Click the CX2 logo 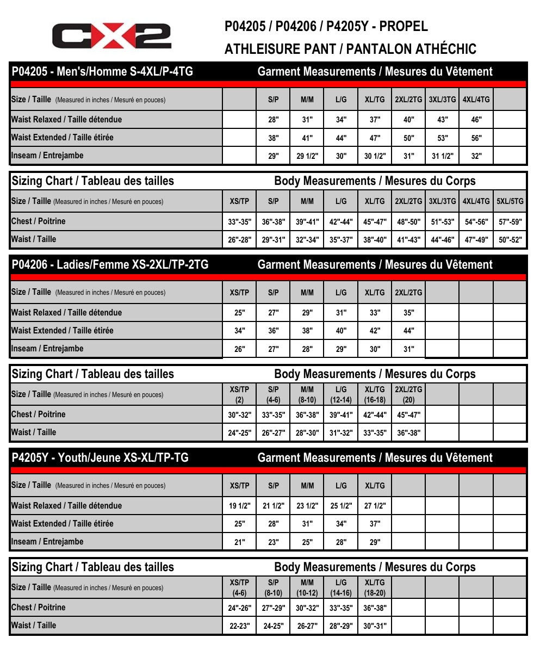111,36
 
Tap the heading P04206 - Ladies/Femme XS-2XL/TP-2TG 110,265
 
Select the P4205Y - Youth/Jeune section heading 100,458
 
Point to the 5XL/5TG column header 510,201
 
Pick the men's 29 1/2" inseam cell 307,156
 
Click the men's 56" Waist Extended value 476,138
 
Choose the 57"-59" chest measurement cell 510,221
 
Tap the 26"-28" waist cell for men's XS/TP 239,239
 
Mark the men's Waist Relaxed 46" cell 476,120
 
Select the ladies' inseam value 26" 239,349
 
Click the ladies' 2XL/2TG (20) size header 409,394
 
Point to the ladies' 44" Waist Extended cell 409,331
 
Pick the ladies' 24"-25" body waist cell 239,433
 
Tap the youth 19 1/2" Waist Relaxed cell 239,506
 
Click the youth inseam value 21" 239,542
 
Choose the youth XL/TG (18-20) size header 375,587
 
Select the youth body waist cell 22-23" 239,626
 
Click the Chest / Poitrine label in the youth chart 38,608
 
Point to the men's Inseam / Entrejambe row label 47,156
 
